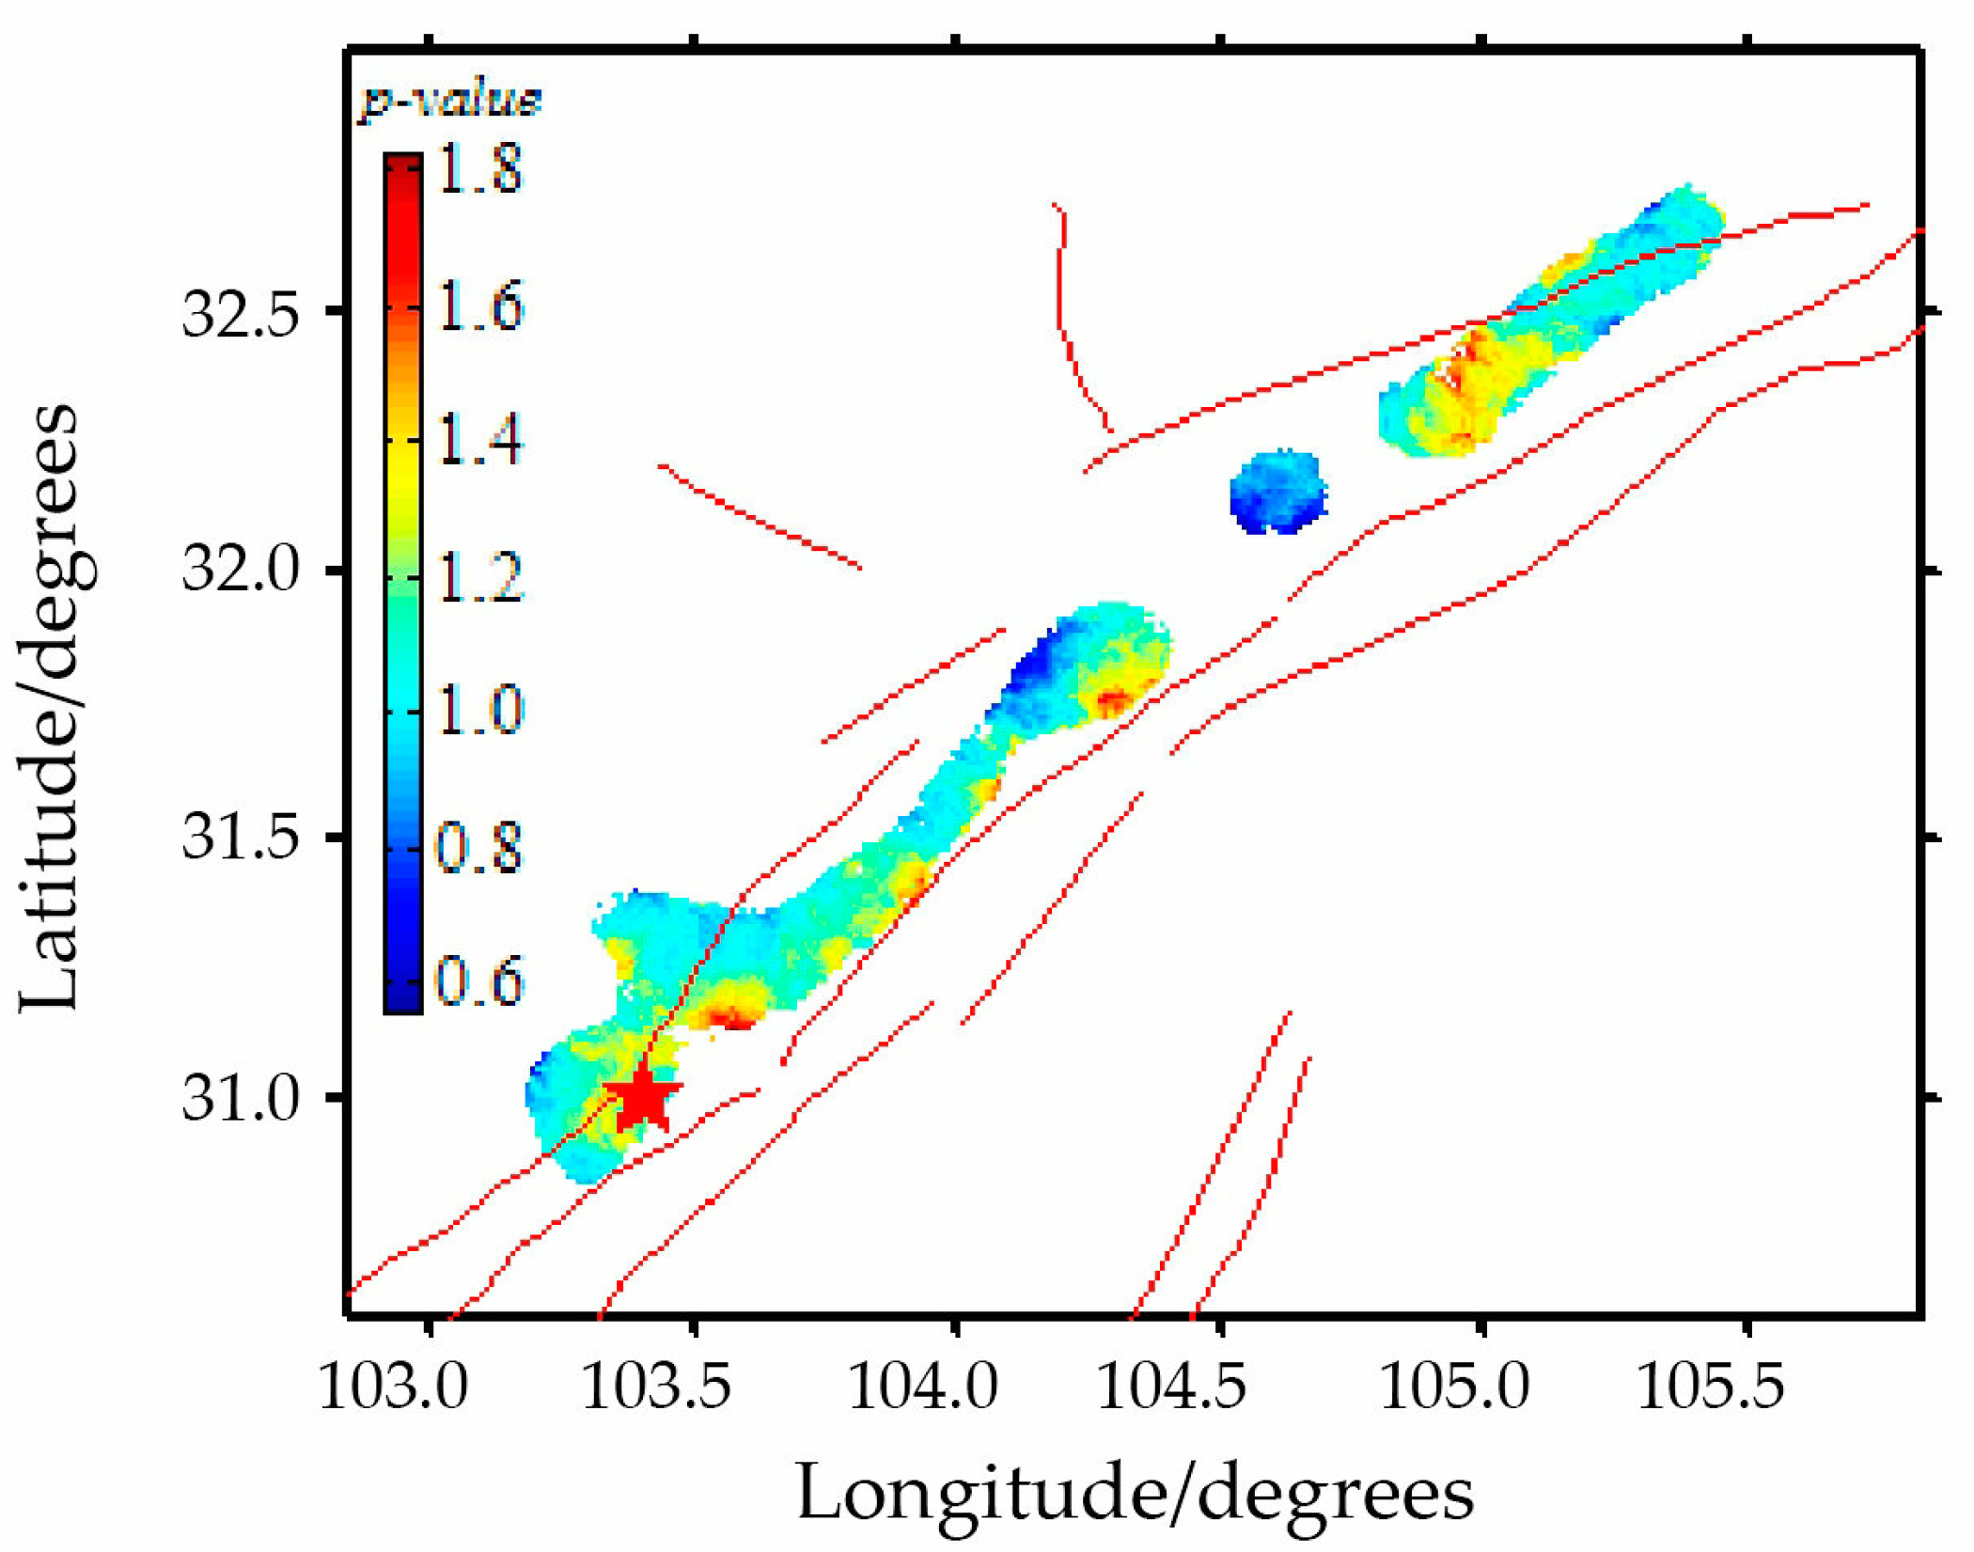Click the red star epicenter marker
pyautogui.click(x=643, y=1097)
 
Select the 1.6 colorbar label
pyautogui.click(x=480, y=306)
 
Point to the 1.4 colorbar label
pyautogui.click(x=480, y=440)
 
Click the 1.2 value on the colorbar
pyautogui.click(x=480, y=575)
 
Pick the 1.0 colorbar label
pyautogui.click(x=480, y=710)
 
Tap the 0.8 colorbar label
pyautogui.click(x=478, y=845)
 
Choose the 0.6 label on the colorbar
pyautogui.click(x=478, y=980)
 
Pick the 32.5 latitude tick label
pyautogui.click(x=240, y=311)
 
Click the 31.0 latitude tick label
pyautogui.click(x=240, y=1097)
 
